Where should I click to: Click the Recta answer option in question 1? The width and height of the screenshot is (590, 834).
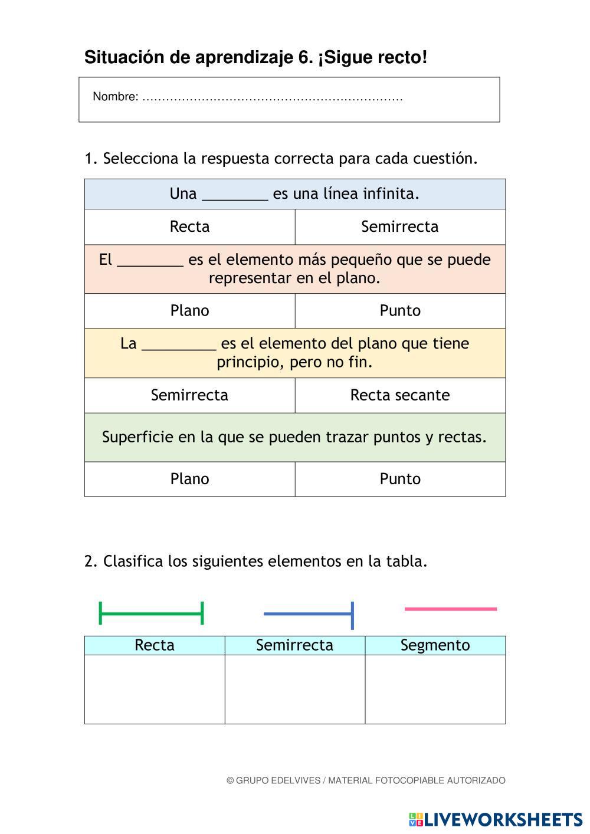(x=189, y=226)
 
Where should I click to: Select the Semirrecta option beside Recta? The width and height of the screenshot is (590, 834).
(x=399, y=226)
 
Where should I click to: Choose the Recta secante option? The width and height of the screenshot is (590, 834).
(x=399, y=395)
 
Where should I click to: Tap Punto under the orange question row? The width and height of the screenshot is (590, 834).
(x=399, y=311)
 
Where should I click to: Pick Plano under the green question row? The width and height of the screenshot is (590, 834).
(x=189, y=479)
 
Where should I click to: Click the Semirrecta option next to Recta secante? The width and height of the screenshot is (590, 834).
(x=189, y=395)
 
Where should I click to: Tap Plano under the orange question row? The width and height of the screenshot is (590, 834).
(x=189, y=311)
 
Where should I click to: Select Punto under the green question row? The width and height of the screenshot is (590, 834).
(x=399, y=479)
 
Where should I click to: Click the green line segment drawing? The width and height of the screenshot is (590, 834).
(x=151, y=613)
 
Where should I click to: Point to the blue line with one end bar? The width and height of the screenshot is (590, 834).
(x=308, y=614)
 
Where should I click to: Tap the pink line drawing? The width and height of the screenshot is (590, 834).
(x=450, y=609)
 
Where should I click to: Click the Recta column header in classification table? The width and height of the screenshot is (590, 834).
(x=155, y=645)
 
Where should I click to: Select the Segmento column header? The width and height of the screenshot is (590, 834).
(x=435, y=645)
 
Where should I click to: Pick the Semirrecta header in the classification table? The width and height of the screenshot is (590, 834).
(x=294, y=645)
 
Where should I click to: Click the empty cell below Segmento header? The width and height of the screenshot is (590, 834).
(x=435, y=689)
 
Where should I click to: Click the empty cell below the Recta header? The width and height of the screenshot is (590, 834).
(x=155, y=689)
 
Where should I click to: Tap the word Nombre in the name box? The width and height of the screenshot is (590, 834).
(x=115, y=97)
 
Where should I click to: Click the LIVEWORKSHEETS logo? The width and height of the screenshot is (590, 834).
(x=495, y=819)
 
